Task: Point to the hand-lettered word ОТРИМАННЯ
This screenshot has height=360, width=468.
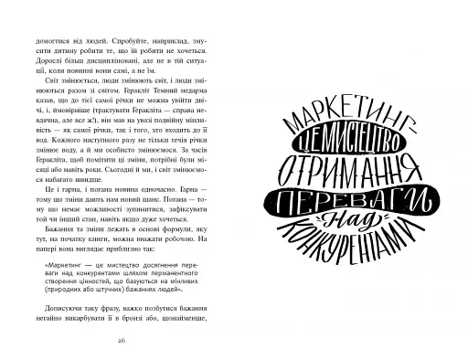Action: [x=347, y=168]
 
